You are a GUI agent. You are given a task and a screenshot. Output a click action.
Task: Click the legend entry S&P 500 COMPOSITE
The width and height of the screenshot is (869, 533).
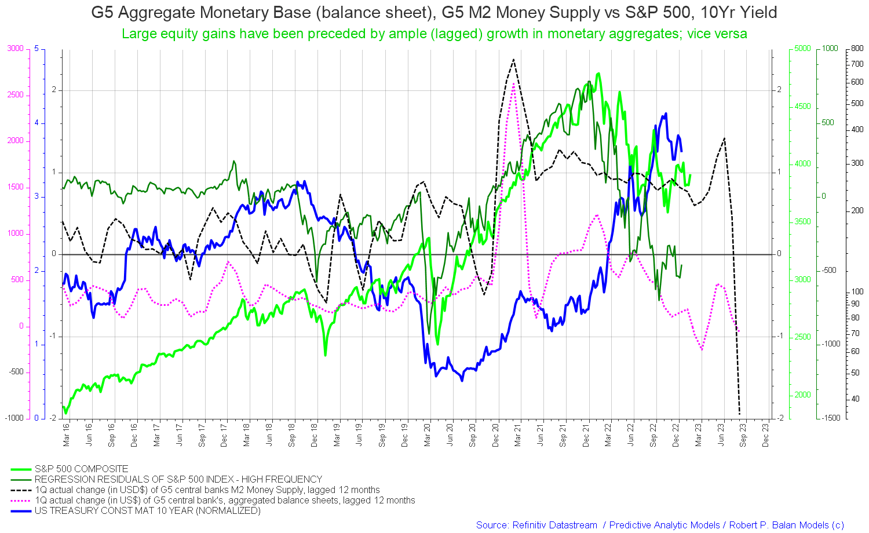[x=81, y=469]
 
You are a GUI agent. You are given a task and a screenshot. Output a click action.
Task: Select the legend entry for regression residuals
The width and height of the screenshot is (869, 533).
[x=178, y=479]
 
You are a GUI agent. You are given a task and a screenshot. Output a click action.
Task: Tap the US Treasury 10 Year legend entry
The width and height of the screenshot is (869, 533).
[x=147, y=510]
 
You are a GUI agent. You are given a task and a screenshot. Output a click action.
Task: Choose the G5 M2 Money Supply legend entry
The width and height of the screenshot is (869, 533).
[x=207, y=490]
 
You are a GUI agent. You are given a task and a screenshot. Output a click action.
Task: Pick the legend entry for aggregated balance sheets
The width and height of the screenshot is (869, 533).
[x=225, y=500]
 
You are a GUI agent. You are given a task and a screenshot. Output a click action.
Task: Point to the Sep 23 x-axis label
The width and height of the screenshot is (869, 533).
[x=743, y=435]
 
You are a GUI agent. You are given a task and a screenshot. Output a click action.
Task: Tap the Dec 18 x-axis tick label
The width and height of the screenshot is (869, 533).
[x=315, y=435]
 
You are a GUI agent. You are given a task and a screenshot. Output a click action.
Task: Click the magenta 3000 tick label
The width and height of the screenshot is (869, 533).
[x=15, y=49]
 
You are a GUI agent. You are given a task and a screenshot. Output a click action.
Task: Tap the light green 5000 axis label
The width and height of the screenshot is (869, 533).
[x=802, y=49]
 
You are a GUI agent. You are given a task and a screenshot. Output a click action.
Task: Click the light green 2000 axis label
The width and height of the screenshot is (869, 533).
[x=802, y=395]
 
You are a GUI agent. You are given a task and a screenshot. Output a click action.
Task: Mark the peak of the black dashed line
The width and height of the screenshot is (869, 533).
[x=513, y=59]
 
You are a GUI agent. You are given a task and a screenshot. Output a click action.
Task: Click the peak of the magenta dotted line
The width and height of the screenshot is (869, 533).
[x=513, y=84]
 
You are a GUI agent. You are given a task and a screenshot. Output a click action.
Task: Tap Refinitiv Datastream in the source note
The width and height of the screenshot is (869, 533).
[x=554, y=525]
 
